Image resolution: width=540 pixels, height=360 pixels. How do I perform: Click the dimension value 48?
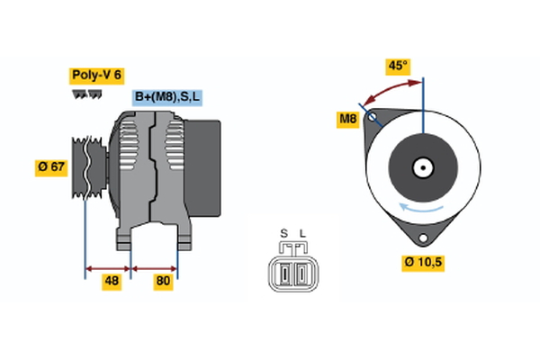(x=111, y=282)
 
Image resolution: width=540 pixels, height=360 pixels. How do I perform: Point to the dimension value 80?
(x=163, y=282)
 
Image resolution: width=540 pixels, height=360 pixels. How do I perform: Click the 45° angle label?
(x=398, y=66)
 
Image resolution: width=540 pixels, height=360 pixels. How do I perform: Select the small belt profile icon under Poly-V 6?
(x=86, y=93)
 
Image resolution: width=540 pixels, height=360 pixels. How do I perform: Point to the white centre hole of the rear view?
(x=421, y=167)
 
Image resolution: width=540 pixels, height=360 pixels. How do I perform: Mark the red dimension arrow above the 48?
(x=109, y=268)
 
